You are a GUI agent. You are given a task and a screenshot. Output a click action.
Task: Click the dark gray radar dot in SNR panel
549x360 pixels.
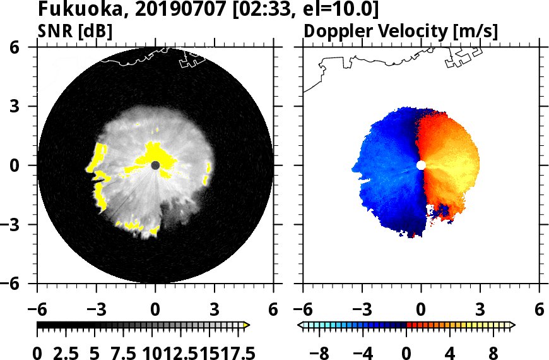coord(155,165)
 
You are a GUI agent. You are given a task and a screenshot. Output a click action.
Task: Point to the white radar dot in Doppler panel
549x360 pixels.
coord(421,165)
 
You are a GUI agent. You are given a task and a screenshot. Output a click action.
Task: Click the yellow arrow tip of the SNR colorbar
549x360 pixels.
coord(247,325)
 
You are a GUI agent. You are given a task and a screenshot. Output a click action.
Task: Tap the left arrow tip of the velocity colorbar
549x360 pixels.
coord(300,325)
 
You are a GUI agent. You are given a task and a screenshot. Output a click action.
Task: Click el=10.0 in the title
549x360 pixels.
coord(346,10)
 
